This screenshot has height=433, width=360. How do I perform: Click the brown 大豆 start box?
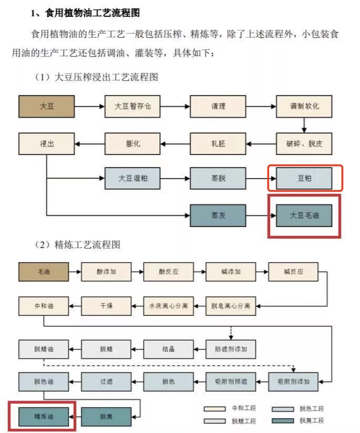coord(46,106)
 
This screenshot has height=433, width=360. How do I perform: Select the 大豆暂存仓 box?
coord(132,106)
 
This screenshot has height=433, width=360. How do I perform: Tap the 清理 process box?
coord(218,106)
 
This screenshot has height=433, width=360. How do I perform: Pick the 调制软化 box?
coord(304,106)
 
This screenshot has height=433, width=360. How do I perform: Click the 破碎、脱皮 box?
coord(304,143)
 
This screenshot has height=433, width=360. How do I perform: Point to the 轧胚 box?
coord(218,143)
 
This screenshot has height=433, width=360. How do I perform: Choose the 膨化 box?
coord(132,143)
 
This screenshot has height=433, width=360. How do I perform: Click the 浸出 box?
coord(46,143)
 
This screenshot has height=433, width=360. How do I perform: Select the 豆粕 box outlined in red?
coord(304,178)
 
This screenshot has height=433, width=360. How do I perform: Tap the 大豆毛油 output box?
coord(304,215)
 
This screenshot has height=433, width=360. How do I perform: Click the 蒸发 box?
coord(218,215)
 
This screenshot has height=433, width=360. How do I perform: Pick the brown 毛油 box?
coord(44,272)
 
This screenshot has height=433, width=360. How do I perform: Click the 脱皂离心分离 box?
coord(231,306)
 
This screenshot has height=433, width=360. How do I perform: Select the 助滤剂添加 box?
coord(231,349)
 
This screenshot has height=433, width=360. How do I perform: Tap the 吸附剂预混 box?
coord(231,382)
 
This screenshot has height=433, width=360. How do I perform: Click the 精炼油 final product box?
coord(44,416)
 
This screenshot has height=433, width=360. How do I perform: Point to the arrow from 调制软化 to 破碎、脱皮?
coord(304,126)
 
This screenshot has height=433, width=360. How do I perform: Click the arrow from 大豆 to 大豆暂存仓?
coord(89,106)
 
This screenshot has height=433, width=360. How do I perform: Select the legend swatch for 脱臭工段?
coord(283,420)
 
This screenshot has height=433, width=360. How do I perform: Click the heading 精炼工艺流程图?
coord(87,245)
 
